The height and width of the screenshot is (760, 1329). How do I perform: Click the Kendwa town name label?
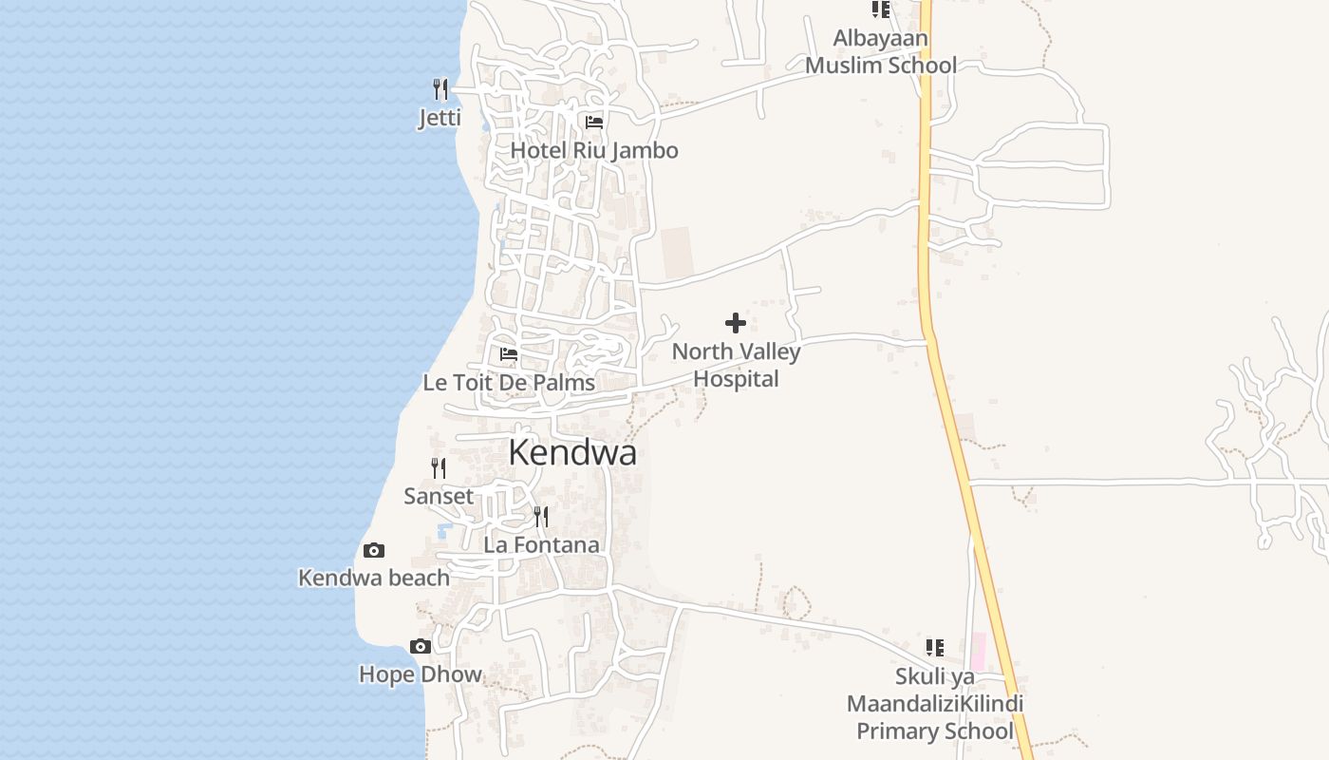[x=572, y=453]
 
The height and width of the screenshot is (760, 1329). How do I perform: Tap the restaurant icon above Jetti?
[x=440, y=89]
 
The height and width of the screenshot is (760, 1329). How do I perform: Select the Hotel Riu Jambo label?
[x=594, y=150]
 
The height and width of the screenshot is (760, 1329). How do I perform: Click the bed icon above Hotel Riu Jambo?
[x=594, y=123]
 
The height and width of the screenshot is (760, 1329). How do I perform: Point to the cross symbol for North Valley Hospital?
[x=736, y=323]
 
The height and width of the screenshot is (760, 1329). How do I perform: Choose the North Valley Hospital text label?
[x=736, y=365]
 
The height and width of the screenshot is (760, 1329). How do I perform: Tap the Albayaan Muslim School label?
[x=881, y=52]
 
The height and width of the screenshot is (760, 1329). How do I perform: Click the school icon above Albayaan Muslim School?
[x=881, y=9]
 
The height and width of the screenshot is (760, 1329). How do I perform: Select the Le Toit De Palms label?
[x=509, y=383]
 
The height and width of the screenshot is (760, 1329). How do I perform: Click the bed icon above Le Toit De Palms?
[x=509, y=354]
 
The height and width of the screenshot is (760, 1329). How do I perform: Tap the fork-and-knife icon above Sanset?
[x=439, y=468]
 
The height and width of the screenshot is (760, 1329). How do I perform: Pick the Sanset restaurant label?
[x=439, y=496]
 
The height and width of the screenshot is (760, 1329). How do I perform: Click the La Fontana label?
[x=541, y=545]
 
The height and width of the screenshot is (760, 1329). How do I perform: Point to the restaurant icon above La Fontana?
[x=541, y=517]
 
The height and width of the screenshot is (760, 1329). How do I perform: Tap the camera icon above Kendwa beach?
[x=374, y=551]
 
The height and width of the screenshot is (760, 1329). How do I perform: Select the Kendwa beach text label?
[x=374, y=578]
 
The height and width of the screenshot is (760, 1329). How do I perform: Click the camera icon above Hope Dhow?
[x=421, y=647]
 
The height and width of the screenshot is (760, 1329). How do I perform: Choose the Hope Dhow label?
[x=421, y=674]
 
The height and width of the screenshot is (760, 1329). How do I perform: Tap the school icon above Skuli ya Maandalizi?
[x=935, y=648]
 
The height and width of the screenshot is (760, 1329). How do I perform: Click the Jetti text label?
[x=440, y=118]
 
